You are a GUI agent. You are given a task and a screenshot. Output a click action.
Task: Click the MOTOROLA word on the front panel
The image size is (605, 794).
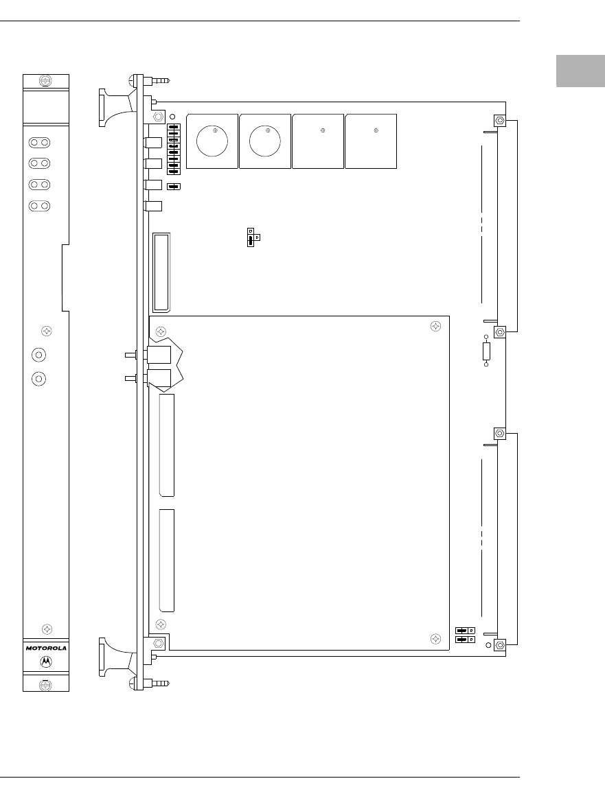[x=46, y=648]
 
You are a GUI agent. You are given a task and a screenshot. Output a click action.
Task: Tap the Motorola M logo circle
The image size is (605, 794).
[x=46, y=662]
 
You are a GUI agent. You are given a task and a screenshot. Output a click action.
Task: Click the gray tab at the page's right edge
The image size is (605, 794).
[x=581, y=71]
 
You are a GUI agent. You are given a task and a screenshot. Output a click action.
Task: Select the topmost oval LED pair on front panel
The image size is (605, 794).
[x=40, y=142]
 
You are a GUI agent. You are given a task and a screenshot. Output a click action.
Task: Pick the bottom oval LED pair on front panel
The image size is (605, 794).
[x=40, y=206]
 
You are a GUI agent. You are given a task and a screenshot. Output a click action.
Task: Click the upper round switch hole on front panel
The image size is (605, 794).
[x=39, y=355]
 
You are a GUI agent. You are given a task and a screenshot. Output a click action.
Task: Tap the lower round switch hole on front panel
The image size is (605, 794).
[x=39, y=378]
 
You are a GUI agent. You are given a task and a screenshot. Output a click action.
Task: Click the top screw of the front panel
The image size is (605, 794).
[x=45, y=81]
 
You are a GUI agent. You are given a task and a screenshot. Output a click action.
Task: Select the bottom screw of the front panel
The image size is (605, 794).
[x=45, y=685]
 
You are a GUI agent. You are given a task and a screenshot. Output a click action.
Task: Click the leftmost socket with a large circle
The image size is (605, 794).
[x=212, y=141]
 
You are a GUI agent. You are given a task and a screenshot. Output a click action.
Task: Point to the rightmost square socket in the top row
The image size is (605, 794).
[x=371, y=141]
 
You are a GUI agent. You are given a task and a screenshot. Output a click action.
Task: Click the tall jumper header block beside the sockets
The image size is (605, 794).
[x=174, y=149]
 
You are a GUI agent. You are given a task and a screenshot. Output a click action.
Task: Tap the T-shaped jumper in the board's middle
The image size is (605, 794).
[x=252, y=237]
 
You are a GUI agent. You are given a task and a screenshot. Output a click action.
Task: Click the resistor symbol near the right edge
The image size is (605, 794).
[x=486, y=351]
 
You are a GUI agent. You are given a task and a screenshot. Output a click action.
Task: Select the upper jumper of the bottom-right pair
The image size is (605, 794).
[x=465, y=631]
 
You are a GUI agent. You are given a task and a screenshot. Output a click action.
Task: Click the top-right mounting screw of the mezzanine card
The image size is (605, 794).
[x=435, y=327]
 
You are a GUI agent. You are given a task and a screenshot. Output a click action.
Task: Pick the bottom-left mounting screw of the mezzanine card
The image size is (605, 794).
[x=161, y=624]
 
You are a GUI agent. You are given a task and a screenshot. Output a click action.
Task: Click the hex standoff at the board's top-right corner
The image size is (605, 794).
[x=500, y=121]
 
